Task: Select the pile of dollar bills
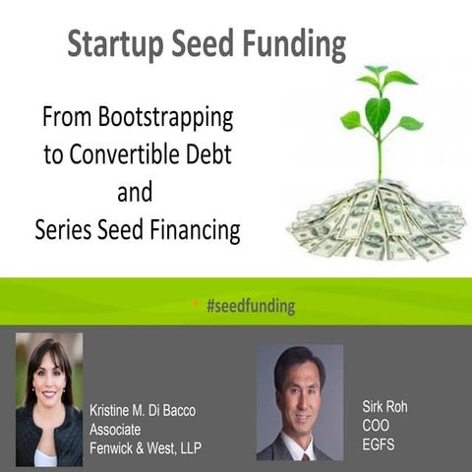point(376,220)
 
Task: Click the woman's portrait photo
point(49,398)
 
